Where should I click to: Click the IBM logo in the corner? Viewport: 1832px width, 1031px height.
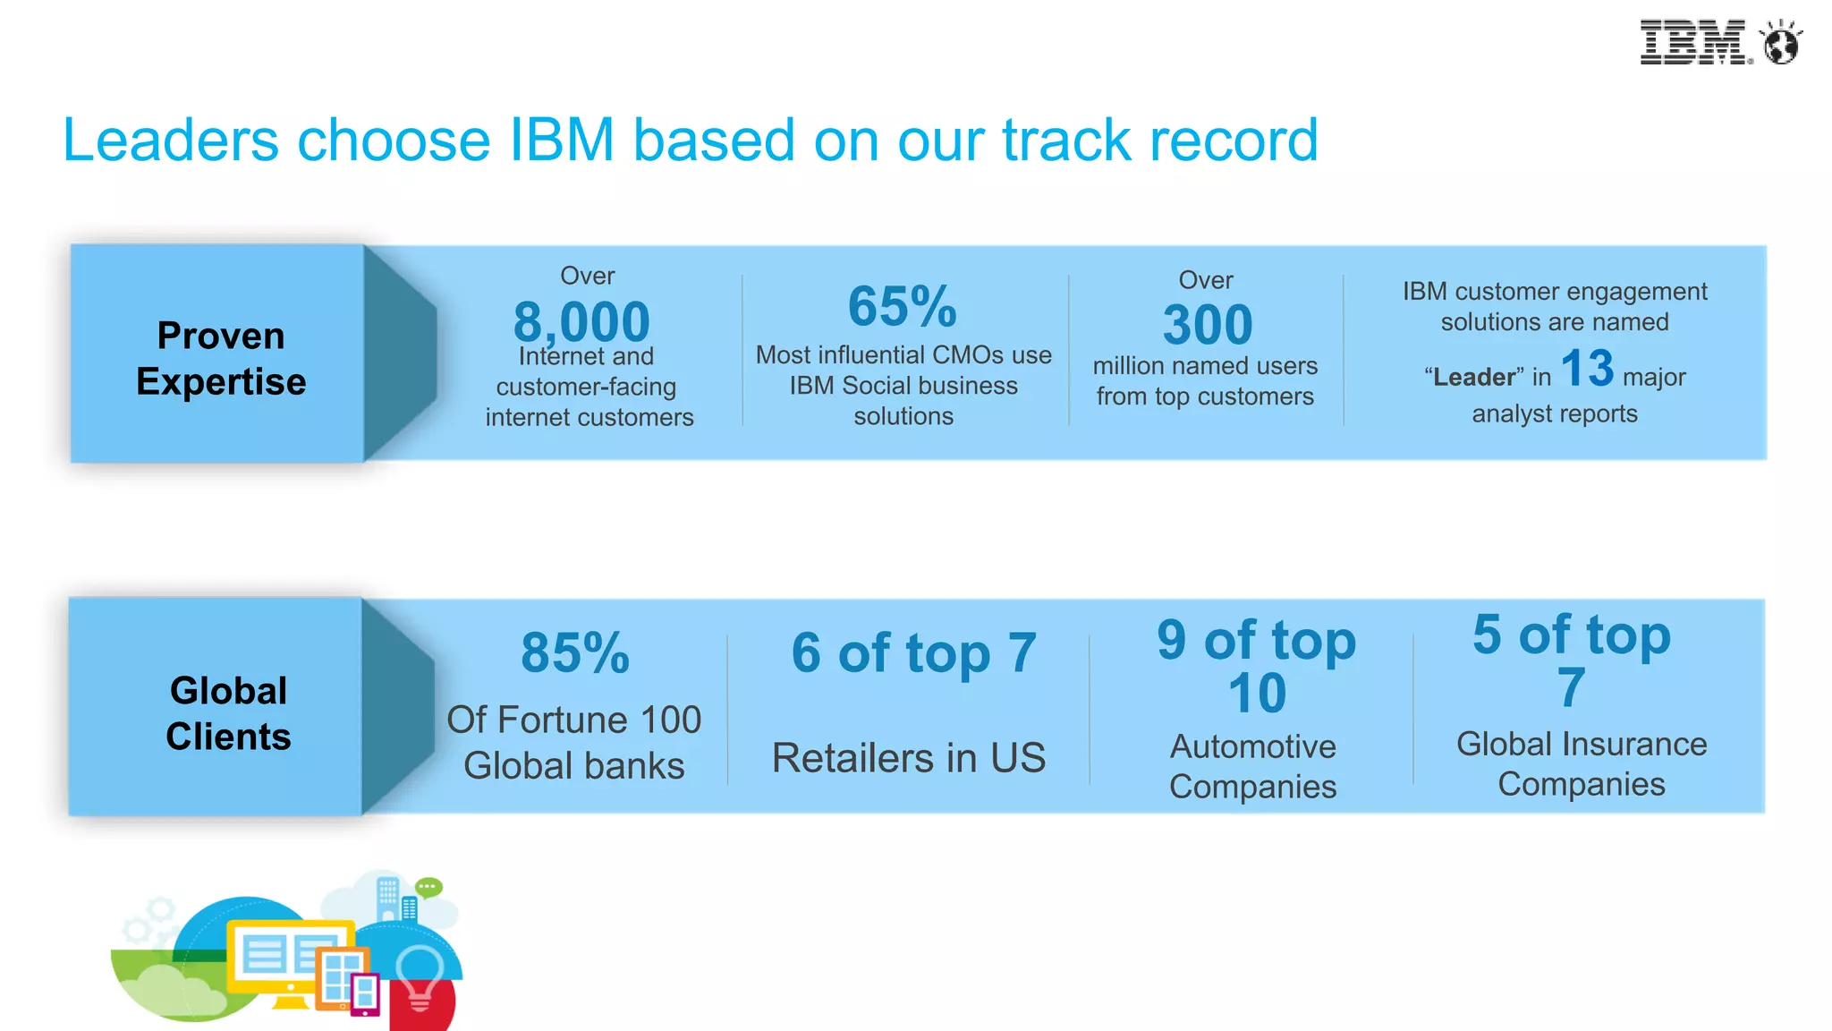point(1692,42)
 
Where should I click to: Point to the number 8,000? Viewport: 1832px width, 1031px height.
point(581,321)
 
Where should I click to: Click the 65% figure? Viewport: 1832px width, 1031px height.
point(902,306)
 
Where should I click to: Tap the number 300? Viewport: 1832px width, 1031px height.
point(1207,324)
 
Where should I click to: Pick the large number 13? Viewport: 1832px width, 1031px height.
point(1587,368)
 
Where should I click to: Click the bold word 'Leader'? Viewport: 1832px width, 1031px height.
point(1474,378)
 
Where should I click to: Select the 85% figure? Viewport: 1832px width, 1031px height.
point(575,652)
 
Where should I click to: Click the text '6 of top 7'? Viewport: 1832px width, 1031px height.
point(913,652)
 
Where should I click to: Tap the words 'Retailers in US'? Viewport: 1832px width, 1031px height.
point(908,758)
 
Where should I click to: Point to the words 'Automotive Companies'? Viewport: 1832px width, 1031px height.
point(1252,766)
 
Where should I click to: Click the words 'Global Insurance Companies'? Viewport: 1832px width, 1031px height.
point(1581,763)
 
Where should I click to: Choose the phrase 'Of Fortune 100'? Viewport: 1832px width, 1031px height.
point(573,720)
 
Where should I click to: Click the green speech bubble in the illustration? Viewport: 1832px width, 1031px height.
point(428,887)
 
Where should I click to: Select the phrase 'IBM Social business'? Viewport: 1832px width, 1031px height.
point(903,386)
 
